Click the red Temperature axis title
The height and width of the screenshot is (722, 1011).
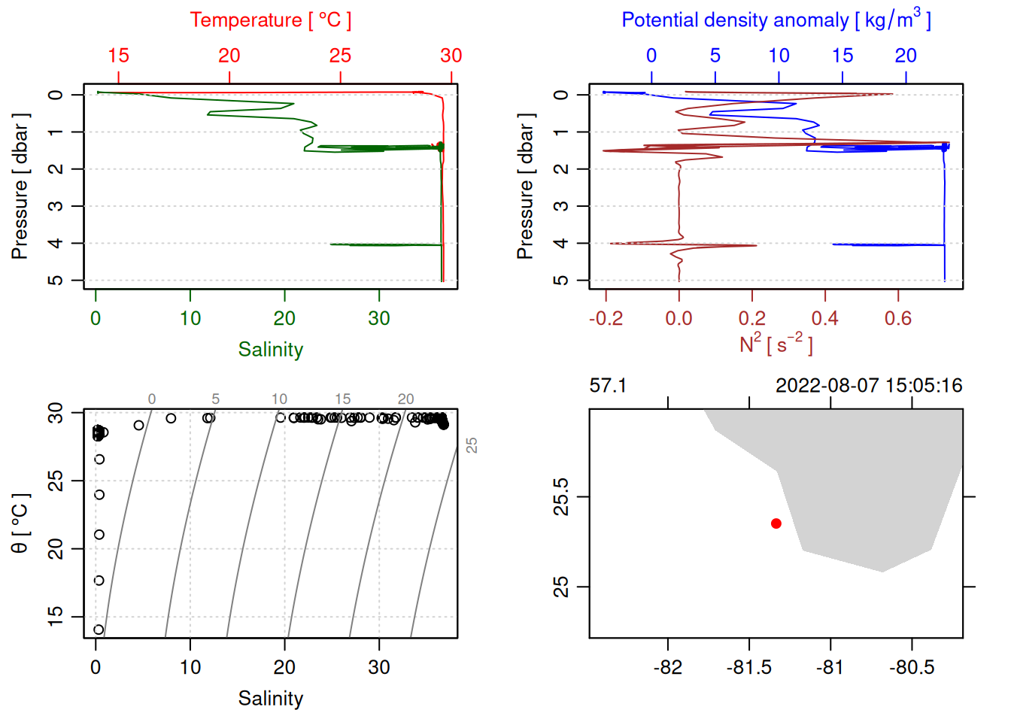click(270, 20)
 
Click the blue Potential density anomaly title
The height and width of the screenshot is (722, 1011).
click(776, 20)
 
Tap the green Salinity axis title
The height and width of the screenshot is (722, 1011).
click(270, 350)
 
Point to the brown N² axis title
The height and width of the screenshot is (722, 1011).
click(776, 344)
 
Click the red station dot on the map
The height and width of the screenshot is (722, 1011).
click(776, 523)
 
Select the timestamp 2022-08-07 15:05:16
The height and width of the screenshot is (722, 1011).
click(869, 386)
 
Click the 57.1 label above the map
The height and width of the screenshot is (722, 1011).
click(608, 386)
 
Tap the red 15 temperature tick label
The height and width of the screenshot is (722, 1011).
click(118, 56)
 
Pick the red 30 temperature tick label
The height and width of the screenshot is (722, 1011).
click(451, 56)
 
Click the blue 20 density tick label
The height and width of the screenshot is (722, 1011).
click(906, 56)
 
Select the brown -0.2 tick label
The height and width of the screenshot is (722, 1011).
click(606, 319)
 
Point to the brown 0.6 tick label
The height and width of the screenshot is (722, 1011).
click(898, 319)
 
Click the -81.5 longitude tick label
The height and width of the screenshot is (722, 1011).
click(749, 668)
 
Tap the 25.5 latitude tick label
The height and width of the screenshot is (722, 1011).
click(561, 497)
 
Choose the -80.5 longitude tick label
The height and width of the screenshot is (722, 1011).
click(912, 668)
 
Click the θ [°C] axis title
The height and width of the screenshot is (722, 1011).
click(20, 523)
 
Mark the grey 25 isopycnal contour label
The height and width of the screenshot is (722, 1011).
click(472, 445)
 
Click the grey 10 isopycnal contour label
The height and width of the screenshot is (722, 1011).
click(279, 399)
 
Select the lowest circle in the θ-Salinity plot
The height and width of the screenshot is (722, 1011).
click(99, 629)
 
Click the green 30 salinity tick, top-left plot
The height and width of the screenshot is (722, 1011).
click(379, 319)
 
